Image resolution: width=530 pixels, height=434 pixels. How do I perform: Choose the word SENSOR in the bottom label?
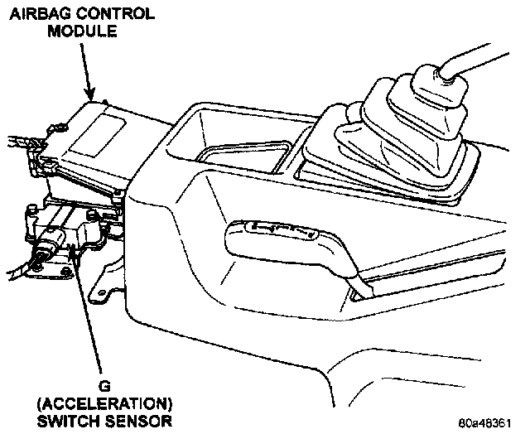tap(139, 420)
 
